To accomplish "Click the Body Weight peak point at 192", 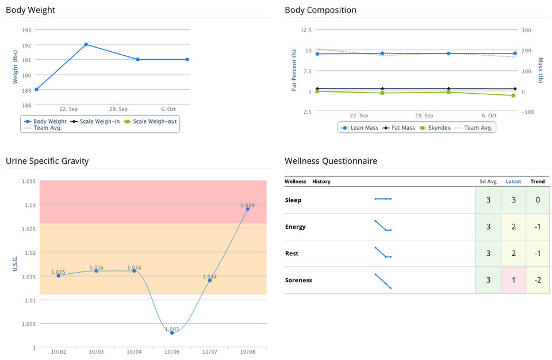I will tap(86, 44).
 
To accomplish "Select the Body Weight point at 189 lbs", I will tap(36, 89).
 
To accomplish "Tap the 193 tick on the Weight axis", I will tap(26, 30).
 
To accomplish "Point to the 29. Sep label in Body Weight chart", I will tap(118, 109).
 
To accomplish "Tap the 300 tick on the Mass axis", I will tap(527, 30).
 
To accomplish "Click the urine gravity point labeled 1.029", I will tap(248, 209).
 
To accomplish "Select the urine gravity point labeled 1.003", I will tap(172, 333).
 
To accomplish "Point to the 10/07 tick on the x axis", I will tap(210, 351).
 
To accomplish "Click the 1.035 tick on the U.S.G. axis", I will tap(29, 181).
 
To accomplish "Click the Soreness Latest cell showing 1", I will tap(513, 280).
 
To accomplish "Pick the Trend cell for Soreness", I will tap(538, 280).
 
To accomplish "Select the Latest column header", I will tap(513, 182).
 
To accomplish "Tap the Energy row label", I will tap(296, 227).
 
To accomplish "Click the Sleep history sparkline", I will tap(383, 199).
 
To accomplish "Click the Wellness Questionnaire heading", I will tap(331, 161).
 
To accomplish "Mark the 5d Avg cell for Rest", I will tap(488, 254).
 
